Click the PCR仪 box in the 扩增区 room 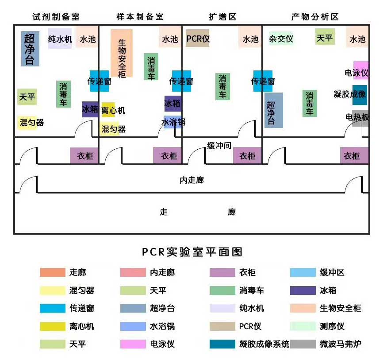click(197, 39)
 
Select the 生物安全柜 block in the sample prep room click(122, 53)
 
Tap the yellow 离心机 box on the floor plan click(108, 110)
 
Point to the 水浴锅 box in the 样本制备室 click(172, 122)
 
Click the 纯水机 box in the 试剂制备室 click(60, 39)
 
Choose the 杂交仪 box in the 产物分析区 click(281, 39)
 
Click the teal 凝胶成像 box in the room click(360, 94)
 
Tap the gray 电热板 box click(360, 118)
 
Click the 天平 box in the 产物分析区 click(325, 37)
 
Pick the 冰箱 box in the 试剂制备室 click(90, 109)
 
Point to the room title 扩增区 click(222, 17)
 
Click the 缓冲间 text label click(219, 145)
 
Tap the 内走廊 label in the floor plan click(191, 180)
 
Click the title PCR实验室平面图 click(192, 252)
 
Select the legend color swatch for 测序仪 click(303, 326)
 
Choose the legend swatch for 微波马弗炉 click(303, 344)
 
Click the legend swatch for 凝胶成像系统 click(222, 344)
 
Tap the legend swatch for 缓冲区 click(303, 272)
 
